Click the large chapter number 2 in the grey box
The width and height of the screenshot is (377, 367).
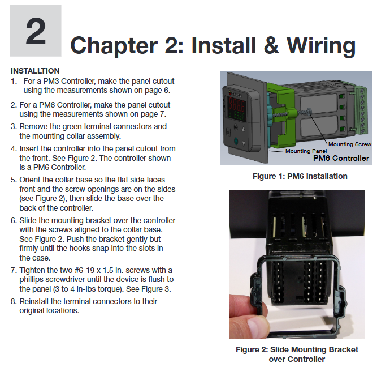tap(36, 31)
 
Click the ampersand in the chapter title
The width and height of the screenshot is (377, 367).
tap(271, 45)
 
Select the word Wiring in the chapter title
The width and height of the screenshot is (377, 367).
tap(321, 46)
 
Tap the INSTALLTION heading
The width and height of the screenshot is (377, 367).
tap(35, 71)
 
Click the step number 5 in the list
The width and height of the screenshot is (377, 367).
tap(14, 180)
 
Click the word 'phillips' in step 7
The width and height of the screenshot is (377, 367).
tap(31, 280)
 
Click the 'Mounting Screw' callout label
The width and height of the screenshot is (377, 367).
tap(350, 144)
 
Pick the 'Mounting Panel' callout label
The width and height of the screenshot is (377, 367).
tap(306, 151)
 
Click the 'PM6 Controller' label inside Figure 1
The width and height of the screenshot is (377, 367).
tap(341, 159)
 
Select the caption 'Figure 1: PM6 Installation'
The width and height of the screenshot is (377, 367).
tap(300, 176)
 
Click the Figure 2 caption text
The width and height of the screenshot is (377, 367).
tap(297, 354)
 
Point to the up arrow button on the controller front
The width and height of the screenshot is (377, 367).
tap(243, 129)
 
